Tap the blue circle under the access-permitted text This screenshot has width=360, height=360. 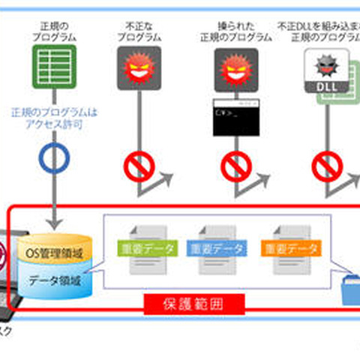click(53, 159)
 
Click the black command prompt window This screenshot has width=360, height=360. click(232, 117)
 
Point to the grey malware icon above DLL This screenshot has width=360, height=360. click(325, 64)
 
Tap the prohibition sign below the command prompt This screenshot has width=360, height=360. click(232, 166)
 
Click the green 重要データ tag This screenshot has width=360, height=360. click(147, 248)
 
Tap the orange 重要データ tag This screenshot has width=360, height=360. click(290, 248)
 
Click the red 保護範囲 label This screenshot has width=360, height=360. click(193, 304)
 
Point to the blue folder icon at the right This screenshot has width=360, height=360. click(350, 289)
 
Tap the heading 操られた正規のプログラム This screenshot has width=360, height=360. click(231, 31)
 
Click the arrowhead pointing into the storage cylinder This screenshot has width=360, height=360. click(53, 223)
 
